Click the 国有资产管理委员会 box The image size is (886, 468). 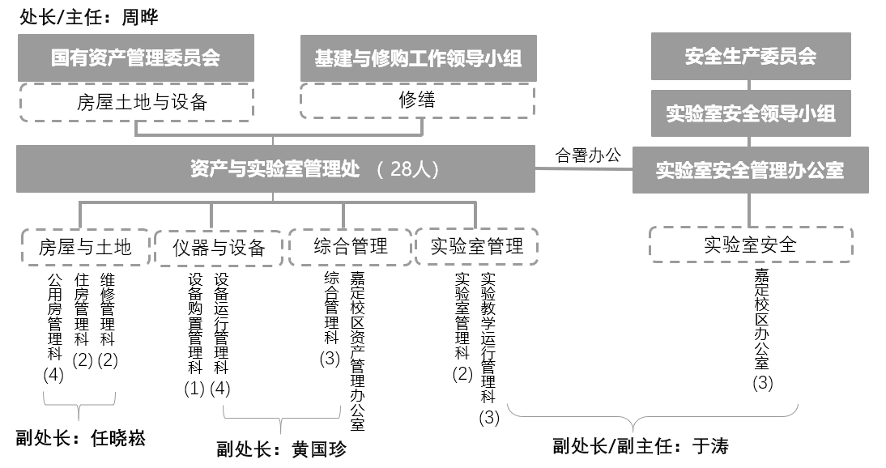(135, 57)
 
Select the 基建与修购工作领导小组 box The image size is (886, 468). (418, 58)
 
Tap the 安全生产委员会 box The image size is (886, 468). (751, 56)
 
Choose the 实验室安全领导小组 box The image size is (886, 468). (751, 113)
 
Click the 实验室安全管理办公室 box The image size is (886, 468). (751, 170)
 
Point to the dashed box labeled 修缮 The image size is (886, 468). (418, 100)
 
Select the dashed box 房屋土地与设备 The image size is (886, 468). (136, 102)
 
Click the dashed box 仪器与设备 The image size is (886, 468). (219, 248)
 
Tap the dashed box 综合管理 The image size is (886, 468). (351, 246)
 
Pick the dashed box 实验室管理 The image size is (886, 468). (477, 246)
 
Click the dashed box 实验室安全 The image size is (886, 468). (751, 245)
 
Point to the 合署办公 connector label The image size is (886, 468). (588, 155)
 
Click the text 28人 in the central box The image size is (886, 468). (408, 169)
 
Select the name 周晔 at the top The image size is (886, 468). (140, 17)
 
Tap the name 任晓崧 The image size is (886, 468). (118, 438)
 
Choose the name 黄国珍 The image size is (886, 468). (319, 449)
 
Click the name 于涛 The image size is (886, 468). (710, 446)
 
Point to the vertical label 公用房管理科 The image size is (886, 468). (55, 317)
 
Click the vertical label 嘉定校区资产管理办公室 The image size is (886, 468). (357, 351)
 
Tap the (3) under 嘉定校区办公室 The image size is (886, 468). (762, 383)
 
